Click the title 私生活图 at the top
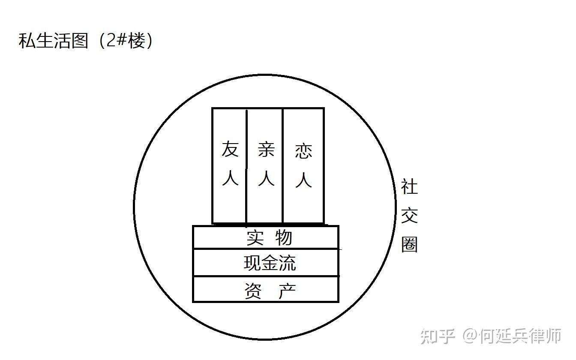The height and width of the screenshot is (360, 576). click(x=53, y=41)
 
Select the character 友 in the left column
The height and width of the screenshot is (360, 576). click(x=230, y=150)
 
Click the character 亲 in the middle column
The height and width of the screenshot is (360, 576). click(x=266, y=150)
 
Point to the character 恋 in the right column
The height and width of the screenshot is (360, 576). click(x=303, y=151)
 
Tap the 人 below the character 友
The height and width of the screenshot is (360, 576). click(x=230, y=177)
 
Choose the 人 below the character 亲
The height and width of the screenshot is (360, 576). click(x=266, y=177)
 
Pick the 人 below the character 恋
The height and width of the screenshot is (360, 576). click(x=303, y=180)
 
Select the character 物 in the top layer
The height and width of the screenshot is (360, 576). click(x=284, y=238)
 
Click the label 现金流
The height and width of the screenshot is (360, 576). click(x=270, y=263)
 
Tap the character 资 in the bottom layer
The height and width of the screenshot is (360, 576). click(x=253, y=291)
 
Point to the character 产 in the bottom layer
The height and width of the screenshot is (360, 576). click(x=287, y=291)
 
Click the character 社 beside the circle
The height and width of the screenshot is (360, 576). click(x=409, y=187)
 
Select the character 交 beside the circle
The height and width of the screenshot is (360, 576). click(x=409, y=216)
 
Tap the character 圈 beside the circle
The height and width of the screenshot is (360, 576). click(x=409, y=245)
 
